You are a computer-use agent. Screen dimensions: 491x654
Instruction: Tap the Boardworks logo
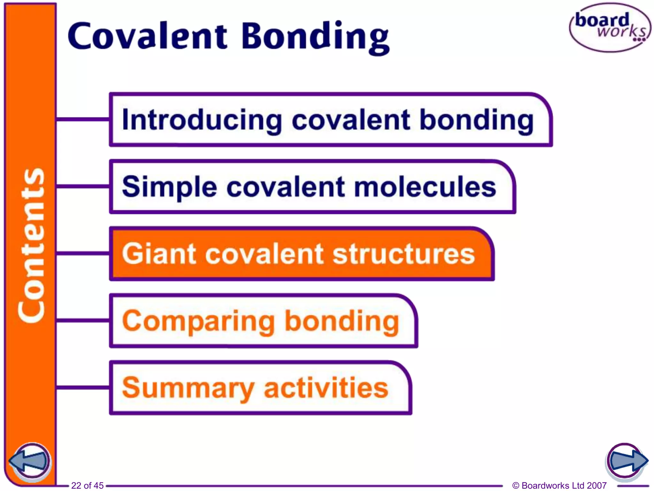point(610,27)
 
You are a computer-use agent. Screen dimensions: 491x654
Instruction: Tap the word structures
point(404,254)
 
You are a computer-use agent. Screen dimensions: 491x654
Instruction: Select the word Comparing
point(198,321)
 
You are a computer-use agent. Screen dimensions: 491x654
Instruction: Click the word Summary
point(188,388)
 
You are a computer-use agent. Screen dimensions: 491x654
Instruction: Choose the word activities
point(326,387)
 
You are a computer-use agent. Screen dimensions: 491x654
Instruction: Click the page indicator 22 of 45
point(87,486)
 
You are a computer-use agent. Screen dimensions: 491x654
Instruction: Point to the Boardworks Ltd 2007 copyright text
point(559,486)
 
